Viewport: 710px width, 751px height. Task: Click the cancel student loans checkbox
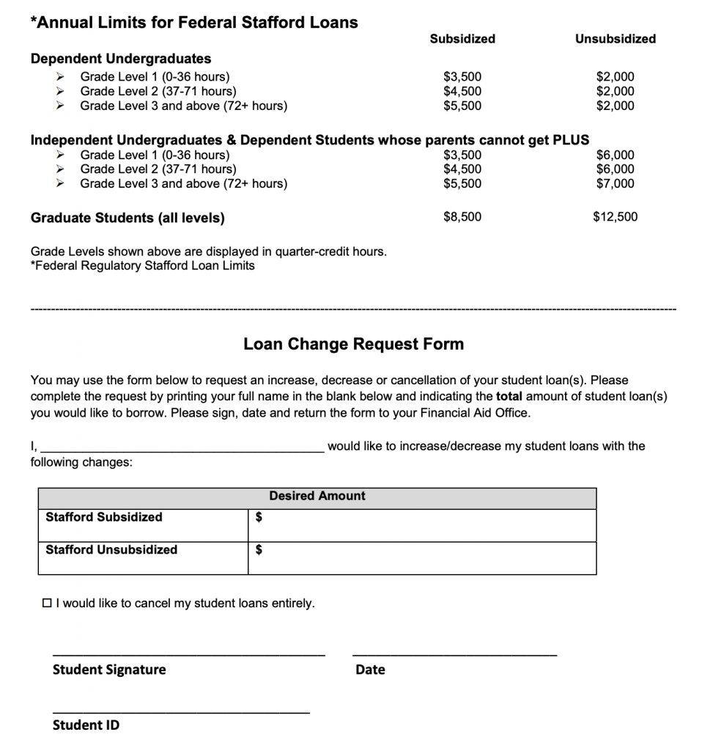tap(48, 604)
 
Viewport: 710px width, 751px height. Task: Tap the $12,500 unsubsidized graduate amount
tap(615, 217)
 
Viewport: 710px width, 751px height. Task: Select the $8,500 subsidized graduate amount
tap(462, 217)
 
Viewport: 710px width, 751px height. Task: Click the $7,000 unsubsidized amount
tap(615, 183)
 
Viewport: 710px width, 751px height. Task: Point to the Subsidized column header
tap(462, 39)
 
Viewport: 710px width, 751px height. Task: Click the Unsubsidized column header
tap(615, 39)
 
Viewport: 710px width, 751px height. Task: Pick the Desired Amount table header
tap(317, 497)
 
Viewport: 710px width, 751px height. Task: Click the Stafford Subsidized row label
tap(104, 517)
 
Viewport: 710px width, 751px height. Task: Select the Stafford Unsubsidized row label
tap(111, 550)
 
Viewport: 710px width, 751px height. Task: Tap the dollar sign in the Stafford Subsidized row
tap(259, 518)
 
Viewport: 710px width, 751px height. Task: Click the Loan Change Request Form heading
tap(353, 344)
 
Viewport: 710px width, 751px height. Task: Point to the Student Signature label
tap(109, 670)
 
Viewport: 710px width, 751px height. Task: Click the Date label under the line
tap(370, 670)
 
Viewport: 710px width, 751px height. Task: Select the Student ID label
tap(86, 725)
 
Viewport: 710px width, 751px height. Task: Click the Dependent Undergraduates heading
tap(121, 59)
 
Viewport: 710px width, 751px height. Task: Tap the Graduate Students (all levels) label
tap(127, 218)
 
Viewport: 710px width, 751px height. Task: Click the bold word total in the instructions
tap(509, 397)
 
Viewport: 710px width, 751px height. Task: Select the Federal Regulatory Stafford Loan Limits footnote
tap(143, 265)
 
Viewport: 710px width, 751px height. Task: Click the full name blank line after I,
tap(183, 448)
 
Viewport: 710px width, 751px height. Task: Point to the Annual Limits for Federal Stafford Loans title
tap(194, 23)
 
